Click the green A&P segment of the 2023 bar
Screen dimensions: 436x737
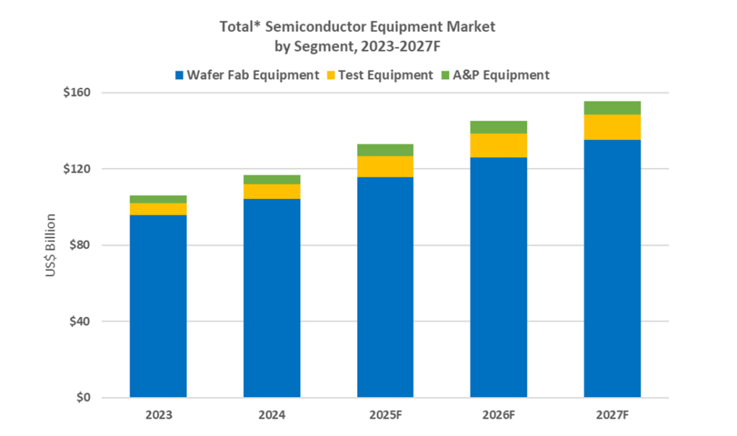coord(158,199)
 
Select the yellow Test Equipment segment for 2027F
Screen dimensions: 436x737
coord(612,127)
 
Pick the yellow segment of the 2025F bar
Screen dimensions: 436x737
coord(385,166)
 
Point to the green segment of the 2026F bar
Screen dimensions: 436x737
coord(499,128)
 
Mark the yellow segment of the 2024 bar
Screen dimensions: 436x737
coord(271,191)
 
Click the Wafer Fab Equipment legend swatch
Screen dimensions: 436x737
coord(178,75)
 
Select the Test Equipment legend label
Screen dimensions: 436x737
coord(386,75)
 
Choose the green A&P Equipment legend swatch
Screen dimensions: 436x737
coord(446,75)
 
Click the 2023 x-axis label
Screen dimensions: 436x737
coord(158,415)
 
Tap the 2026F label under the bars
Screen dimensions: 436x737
coord(499,415)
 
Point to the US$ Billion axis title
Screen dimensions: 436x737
coord(51,245)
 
